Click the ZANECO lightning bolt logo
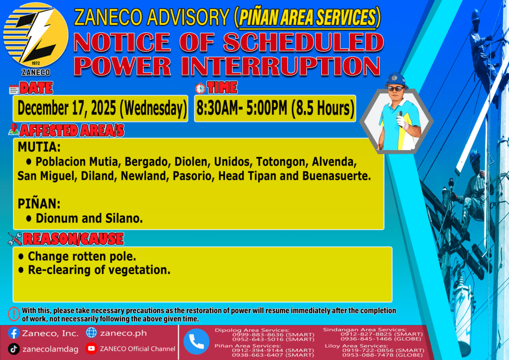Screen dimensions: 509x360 coord(36,35)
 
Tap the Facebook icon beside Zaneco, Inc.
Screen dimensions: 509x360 coord(13,333)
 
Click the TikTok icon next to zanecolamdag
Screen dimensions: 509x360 coord(13,349)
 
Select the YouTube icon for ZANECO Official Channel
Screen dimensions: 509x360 coord(91,348)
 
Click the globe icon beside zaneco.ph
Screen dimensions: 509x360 coord(91,333)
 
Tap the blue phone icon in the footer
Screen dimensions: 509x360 coord(196,342)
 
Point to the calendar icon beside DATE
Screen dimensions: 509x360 coord(13,89)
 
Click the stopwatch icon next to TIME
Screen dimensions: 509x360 coord(200,88)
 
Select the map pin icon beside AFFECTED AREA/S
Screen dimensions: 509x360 coord(13,129)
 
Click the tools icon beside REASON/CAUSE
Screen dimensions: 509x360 coord(15,239)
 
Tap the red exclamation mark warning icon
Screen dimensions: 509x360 coord(13,314)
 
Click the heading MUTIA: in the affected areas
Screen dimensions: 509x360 coord(39,147)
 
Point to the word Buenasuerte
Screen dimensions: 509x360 coord(336,176)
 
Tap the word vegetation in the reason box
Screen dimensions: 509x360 coord(141,270)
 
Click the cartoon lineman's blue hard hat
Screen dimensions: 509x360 coord(396,80)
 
